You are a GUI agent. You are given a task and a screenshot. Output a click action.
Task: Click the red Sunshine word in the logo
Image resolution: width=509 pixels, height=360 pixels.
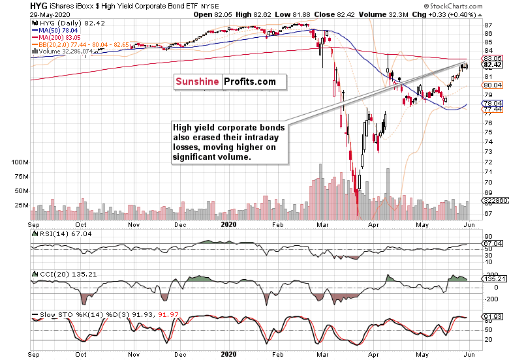pos(198,82)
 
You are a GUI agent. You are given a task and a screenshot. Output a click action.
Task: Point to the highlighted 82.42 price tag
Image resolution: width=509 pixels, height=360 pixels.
pos(492,65)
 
